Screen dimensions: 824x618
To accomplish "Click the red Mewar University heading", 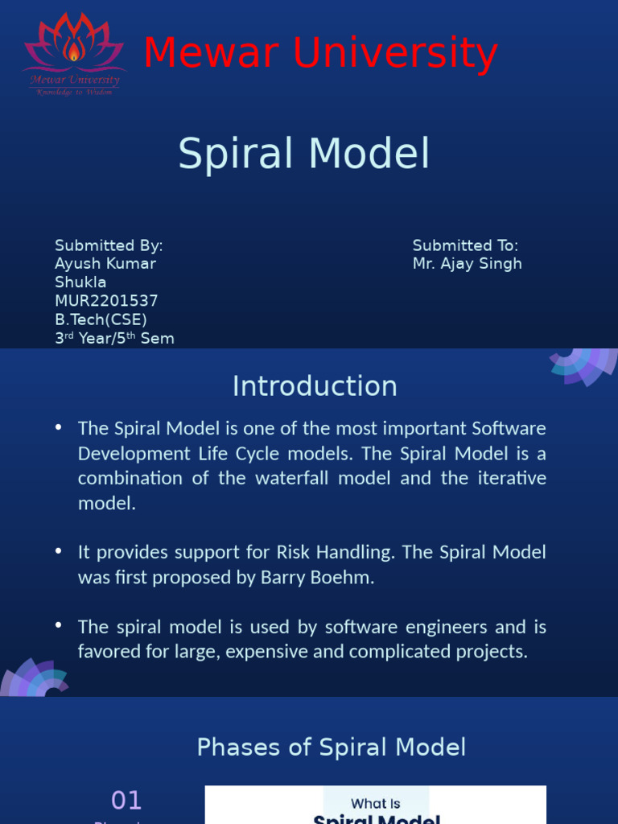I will coord(320,54).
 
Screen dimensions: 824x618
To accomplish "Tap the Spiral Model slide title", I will coord(304,153).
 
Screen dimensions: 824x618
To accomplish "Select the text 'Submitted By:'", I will coord(109,245).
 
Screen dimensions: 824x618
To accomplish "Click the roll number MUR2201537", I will coord(106,301).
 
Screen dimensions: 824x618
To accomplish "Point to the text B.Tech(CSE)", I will coord(101,319).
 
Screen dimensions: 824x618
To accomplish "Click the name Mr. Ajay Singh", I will coord(467,264).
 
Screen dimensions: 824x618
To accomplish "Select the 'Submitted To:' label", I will coord(465,245).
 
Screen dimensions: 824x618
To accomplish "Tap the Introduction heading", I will coord(315,386).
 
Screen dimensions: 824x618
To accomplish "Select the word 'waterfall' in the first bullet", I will coord(298,478).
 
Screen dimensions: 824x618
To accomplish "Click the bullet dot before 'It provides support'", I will coord(59,551).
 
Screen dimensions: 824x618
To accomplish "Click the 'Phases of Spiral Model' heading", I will coord(331,747).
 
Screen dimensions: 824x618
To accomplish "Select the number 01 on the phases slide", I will coord(126,800).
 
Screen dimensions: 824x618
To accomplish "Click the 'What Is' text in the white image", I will coord(375,803).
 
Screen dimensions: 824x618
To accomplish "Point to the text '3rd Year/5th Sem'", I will coord(114,338).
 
